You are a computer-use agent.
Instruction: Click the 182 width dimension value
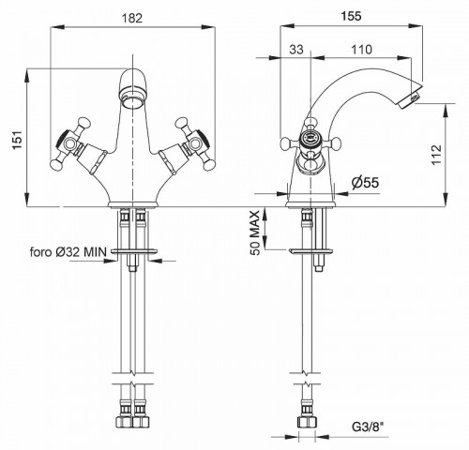click(132, 18)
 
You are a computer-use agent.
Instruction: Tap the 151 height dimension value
click(18, 140)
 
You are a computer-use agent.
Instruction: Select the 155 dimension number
click(351, 16)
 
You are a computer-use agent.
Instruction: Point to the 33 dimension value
click(296, 50)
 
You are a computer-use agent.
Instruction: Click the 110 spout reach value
click(361, 50)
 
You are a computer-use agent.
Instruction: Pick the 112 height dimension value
click(436, 154)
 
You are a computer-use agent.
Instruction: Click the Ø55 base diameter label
click(365, 182)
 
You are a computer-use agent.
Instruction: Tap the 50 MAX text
click(255, 233)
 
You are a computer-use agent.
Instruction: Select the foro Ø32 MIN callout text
click(68, 252)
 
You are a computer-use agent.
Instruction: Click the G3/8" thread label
click(368, 427)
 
